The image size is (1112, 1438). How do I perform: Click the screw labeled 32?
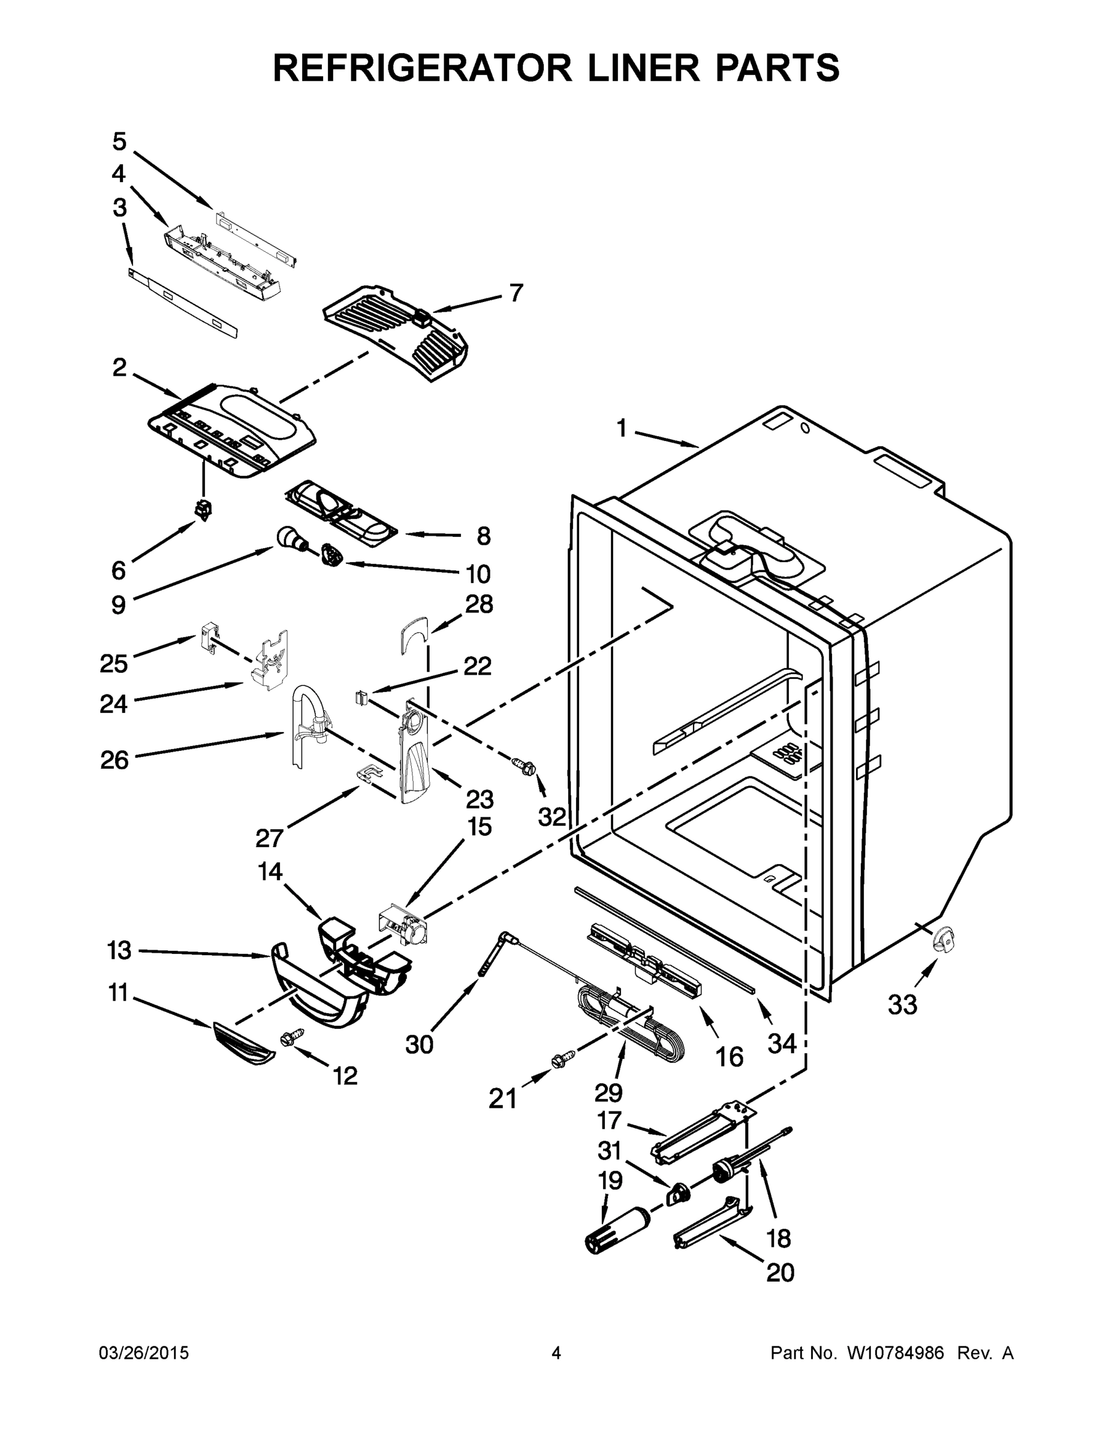tap(525, 765)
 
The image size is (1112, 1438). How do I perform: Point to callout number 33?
tap(902, 1005)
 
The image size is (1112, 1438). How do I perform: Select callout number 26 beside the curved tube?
tap(114, 760)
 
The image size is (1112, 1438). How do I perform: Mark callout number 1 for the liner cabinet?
tap(621, 428)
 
